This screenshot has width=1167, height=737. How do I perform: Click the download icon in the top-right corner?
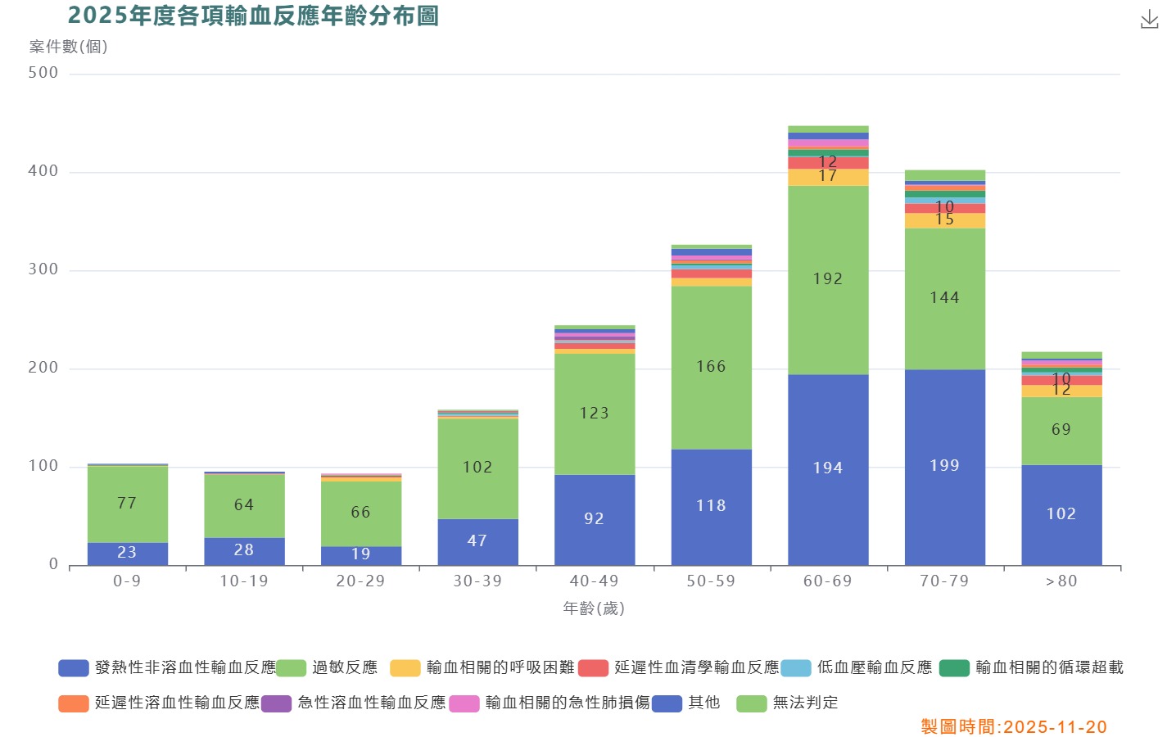point(1149,20)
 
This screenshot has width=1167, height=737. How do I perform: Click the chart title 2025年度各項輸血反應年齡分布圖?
point(253,16)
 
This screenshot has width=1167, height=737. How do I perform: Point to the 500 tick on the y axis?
point(43,73)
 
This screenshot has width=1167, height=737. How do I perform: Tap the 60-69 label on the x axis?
point(828,581)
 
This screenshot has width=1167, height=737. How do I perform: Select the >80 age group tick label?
point(1061,581)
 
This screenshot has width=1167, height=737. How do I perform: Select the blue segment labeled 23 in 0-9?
point(128,554)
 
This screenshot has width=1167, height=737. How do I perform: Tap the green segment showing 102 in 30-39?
point(477,468)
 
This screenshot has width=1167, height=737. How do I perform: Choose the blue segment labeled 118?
point(711,507)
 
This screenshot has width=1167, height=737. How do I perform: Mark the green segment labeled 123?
point(595,414)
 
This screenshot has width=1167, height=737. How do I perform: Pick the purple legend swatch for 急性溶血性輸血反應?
point(276,703)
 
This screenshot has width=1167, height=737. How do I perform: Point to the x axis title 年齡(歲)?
point(594,608)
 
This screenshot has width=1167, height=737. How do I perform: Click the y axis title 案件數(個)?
point(69,47)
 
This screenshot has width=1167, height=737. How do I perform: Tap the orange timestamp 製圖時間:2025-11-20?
point(1014,727)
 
